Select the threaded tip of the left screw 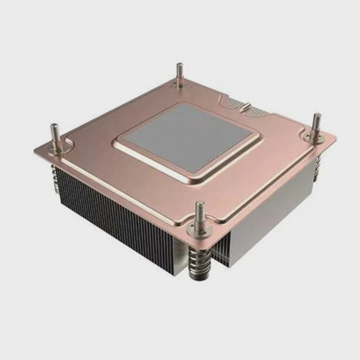(54, 131)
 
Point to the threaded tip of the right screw (316, 120)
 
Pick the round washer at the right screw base (315, 135)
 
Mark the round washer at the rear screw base (179, 85)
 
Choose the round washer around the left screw (56, 147)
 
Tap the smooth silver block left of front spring (180, 255)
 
